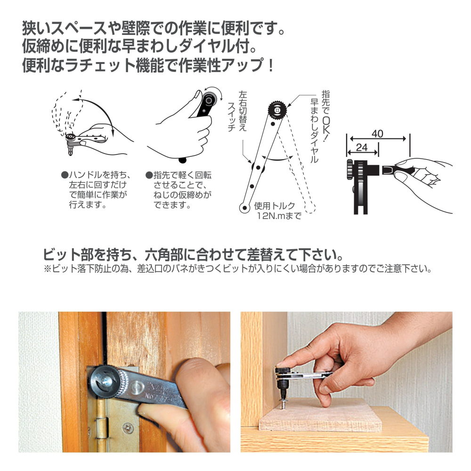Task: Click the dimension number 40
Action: (377, 133)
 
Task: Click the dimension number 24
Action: (362, 147)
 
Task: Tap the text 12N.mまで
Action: (279, 216)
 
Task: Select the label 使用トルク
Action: (275, 206)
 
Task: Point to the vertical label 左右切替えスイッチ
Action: (237, 112)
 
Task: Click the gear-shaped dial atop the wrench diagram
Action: (277, 110)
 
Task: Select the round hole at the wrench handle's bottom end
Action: (245, 208)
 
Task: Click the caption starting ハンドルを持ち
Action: (96, 190)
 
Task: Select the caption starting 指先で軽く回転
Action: (179, 190)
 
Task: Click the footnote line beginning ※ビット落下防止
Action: (237, 268)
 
